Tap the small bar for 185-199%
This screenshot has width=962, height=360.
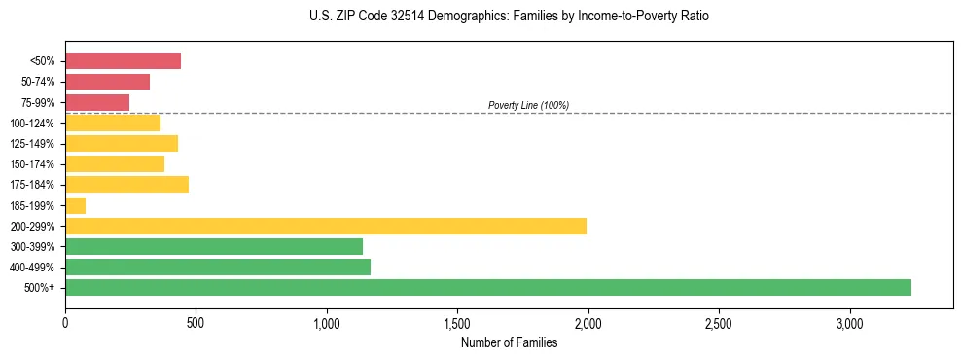click(76, 205)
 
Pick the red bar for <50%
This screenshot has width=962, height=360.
click(124, 61)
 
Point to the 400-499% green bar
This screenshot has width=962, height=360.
click(218, 267)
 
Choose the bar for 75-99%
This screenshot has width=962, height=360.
click(97, 102)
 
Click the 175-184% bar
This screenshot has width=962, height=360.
click(126, 185)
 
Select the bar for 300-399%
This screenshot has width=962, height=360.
click(214, 246)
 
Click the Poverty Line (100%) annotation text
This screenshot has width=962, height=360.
click(528, 105)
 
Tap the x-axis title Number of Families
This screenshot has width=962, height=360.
click(509, 342)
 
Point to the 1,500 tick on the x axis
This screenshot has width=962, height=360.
click(457, 322)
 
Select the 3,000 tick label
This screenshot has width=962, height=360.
click(849, 322)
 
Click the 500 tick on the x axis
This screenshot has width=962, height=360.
click(196, 322)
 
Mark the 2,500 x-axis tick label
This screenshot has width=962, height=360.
click(719, 322)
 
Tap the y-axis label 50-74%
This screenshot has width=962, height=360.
click(38, 82)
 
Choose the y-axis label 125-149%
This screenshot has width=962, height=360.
click(34, 144)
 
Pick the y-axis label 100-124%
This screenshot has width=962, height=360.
click(34, 124)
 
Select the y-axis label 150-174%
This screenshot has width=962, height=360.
click(34, 164)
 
